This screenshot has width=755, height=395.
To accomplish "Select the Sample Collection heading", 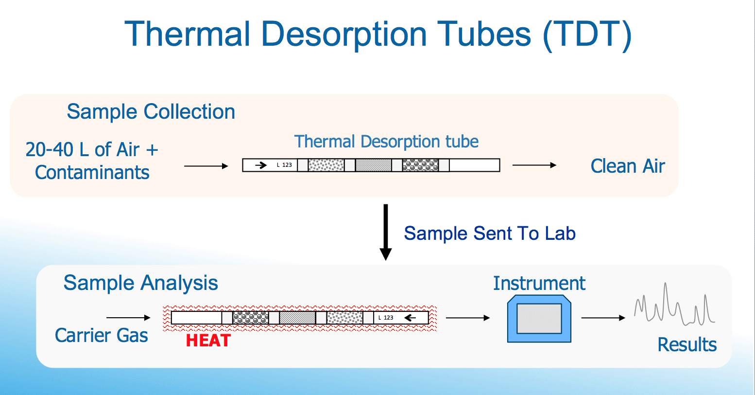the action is tap(151, 112).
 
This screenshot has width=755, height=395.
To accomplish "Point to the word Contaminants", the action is tap(92, 173).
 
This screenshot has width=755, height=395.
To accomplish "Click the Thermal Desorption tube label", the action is tap(386, 142).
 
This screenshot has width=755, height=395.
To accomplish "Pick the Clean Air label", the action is tap(628, 166).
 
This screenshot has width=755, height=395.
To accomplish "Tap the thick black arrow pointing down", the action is tap(386, 232).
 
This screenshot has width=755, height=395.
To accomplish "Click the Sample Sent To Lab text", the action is tap(490, 233).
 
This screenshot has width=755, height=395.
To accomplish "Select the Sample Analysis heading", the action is tap(141, 283).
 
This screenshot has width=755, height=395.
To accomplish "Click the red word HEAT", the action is tap(208, 341).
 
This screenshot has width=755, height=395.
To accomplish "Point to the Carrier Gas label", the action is tap(102, 336).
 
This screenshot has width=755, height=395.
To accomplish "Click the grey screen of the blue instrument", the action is tap(539, 318).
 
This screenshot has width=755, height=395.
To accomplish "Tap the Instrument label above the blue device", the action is tap(539, 283).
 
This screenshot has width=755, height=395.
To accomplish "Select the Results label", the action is tap(687, 345).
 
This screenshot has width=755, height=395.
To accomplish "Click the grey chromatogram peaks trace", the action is tap(674, 305).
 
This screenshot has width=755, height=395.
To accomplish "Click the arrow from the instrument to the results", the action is tap(603, 318).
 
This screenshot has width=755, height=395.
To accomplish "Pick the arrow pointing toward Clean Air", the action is tap(534, 165).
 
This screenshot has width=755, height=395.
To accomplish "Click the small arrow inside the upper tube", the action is tap(261, 165).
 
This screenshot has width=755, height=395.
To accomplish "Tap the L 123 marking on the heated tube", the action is tap(386, 318).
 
